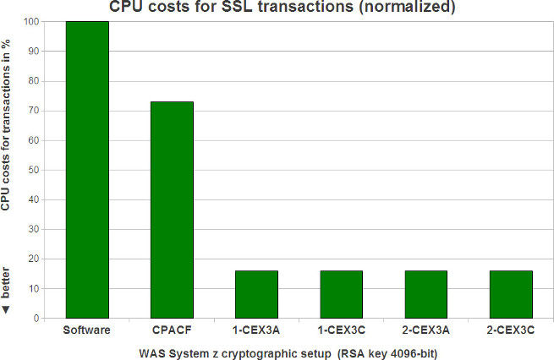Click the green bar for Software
pyautogui.click(x=87, y=169)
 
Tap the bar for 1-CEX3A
pyautogui.click(x=256, y=294)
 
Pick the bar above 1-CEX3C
pyautogui.click(x=341, y=294)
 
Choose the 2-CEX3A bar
pyautogui.click(x=425, y=294)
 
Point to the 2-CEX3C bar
pyautogui.click(x=511, y=294)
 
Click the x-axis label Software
pyautogui.click(x=87, y=329)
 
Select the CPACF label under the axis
pyautogui.click(x=172, y=329)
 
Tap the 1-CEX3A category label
pyautogui.click(x=256, y=329)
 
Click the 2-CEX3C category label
pyautogui.click(x=511, y=329)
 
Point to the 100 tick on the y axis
pyautogui.click(x=31, y=21)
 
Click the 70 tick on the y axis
pyautogui.click(x=34, y=111)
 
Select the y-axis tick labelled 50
pyautogui.click(x=34, y=170)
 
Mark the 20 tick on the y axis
pyautogui.click(x=34, y=259)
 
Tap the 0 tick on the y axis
pyautogui.click(x=36, y=319)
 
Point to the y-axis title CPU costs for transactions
pyautogui.click(x=7, y=127)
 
